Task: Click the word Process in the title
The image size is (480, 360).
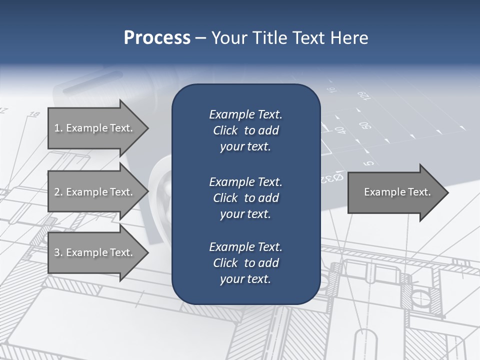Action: coord(157,38)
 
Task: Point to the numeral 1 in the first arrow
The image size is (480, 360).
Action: coord(56,128)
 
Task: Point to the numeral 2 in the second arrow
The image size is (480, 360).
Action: coord(57,192)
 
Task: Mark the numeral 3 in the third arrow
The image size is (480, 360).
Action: coord(57,252)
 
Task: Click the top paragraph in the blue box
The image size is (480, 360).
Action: coord(245,130)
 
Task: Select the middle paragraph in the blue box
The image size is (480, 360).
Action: coord(245,198)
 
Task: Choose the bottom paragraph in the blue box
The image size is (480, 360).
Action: coord(245,263)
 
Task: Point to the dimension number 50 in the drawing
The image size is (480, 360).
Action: coord(364,125)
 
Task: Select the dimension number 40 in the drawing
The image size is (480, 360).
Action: coord(341,130)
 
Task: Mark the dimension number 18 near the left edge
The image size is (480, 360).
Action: coord(34,114)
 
